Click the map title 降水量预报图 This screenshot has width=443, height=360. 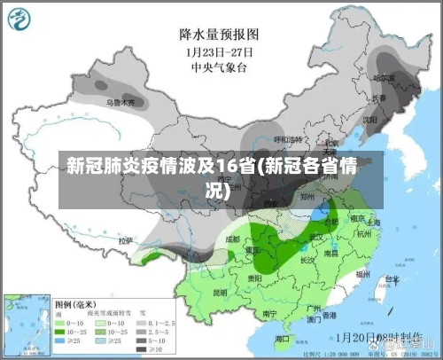click(219, 35)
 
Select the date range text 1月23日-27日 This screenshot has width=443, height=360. click(219, 51)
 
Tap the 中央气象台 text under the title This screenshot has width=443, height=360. click(219, 66)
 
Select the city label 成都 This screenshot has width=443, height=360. click(232, 239)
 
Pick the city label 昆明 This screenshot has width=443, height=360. click(220, 291)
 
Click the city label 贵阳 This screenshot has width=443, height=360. click(255, 278)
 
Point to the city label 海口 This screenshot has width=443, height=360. click(283, 338)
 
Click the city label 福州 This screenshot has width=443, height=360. click(363, 276)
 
